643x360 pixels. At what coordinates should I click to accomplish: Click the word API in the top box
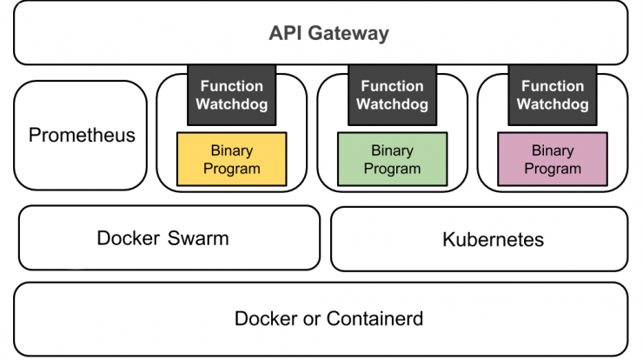click(286, 33)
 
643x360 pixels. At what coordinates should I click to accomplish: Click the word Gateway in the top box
click(348, 34)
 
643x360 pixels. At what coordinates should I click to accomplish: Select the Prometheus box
click(80, 135)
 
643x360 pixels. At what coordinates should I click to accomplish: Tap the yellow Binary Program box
click(232, 159)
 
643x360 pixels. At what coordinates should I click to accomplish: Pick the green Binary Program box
click(393, 159)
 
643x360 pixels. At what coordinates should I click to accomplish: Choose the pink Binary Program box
click(553, 159)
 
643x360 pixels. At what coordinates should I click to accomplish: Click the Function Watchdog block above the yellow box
click(232, 95)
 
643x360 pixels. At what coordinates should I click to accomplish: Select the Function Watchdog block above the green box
click(393, 95)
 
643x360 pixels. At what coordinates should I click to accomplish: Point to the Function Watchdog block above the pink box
click(553, 95)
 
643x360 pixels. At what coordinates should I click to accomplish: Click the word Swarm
click(198, 238)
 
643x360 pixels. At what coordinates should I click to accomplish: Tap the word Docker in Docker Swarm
click(129, 238)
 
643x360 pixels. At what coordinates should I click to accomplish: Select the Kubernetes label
click(494, 240)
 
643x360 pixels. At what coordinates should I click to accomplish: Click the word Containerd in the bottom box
click(375, 319)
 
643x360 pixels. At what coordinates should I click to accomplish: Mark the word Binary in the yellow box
click(232, 150)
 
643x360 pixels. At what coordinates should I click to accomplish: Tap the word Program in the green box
click(393, 169)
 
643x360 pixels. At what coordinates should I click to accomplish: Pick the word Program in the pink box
click(553, 169)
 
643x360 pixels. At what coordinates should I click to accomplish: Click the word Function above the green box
click(393, 86)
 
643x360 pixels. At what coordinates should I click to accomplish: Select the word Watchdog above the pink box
click(553, 104)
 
